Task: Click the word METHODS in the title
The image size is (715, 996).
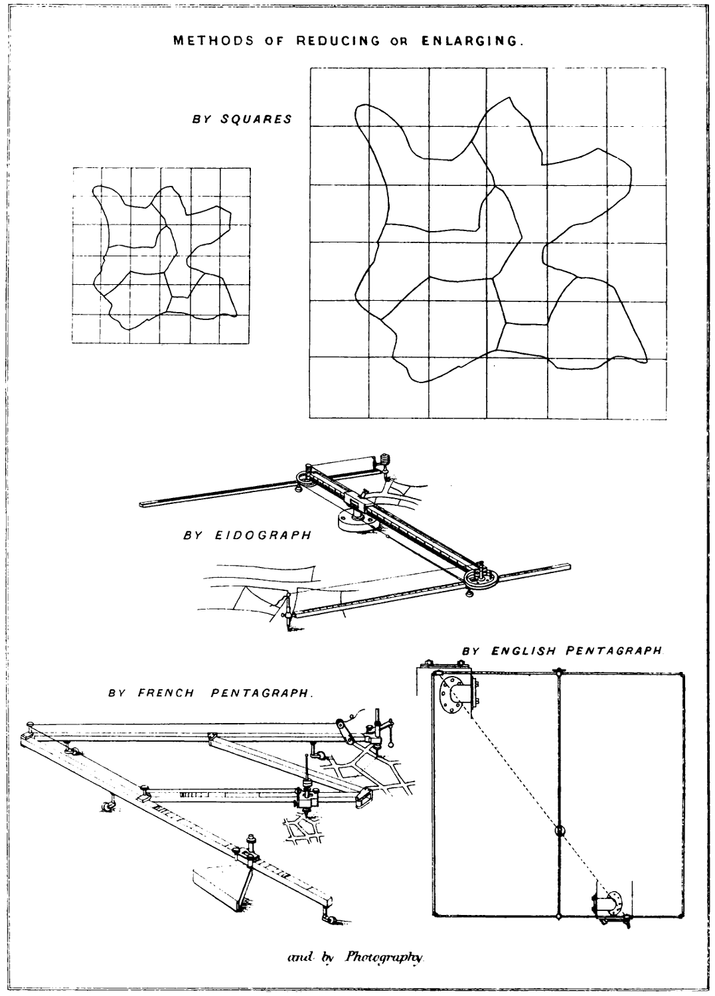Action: pyautogui.click(x=213, y=41)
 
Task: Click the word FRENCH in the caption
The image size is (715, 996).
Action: pyautogui.click(x=166, y=693)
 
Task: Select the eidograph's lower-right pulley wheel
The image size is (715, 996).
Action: pyautogui.click(x=483, y=577)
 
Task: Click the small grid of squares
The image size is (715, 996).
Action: pyautogui.click(x=161, y=256)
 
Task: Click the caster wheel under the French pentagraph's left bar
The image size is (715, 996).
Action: pyautogui.click(x=106, y=807)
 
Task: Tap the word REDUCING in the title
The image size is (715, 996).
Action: pyautogui.click(x=338, y=41)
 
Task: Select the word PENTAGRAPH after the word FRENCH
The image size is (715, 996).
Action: pyautogui.click(x=261, y=693)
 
